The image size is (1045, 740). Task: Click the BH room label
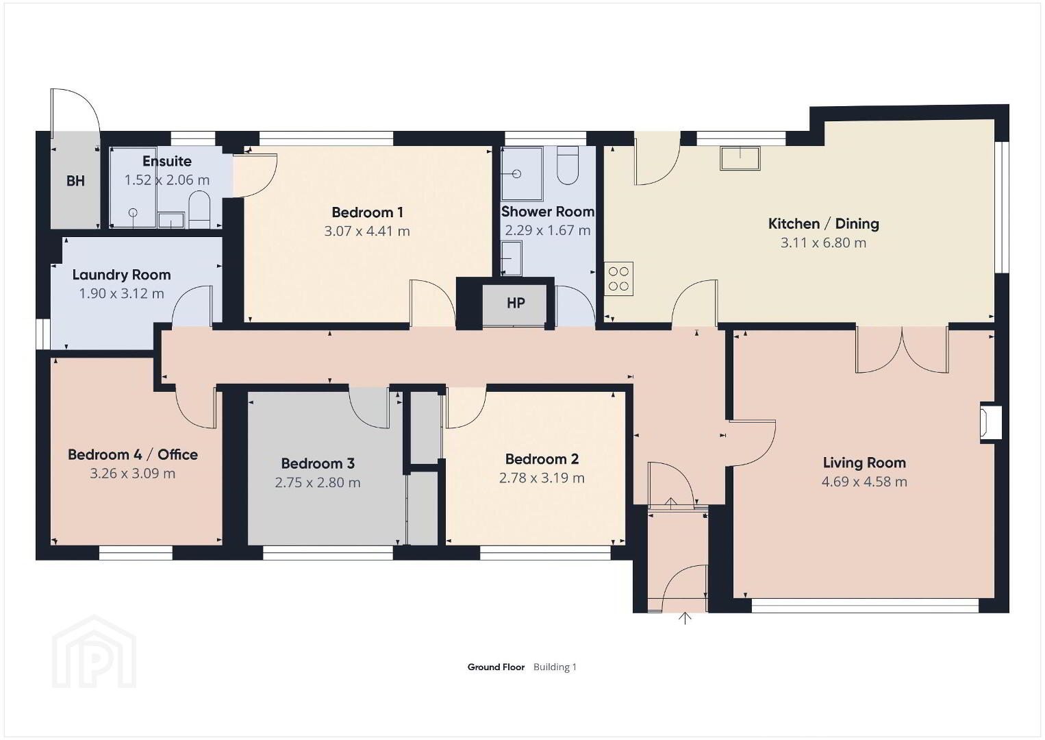(75, 181)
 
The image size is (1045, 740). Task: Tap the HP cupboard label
(516, 303)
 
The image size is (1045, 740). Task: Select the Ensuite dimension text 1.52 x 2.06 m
(167, 180)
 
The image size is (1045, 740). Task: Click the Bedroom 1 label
(367, 212)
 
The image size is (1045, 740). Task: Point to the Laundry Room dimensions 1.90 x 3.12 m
(121, 293)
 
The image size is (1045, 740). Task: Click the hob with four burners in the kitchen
(618, 278)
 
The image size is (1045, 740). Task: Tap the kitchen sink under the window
(740, 158)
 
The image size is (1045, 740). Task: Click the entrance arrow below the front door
(684, 618)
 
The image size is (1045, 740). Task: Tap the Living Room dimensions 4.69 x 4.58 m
(864, 482)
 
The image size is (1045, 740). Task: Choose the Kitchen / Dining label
(823, 223)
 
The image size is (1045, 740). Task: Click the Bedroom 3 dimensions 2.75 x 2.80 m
(317, 482)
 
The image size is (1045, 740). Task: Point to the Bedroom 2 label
(542, 459)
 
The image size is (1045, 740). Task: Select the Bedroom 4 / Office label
(132, 454)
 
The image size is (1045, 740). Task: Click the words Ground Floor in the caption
(496, 667)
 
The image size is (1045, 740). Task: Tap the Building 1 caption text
(555, 667)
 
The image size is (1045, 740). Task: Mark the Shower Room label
(548, 212)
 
